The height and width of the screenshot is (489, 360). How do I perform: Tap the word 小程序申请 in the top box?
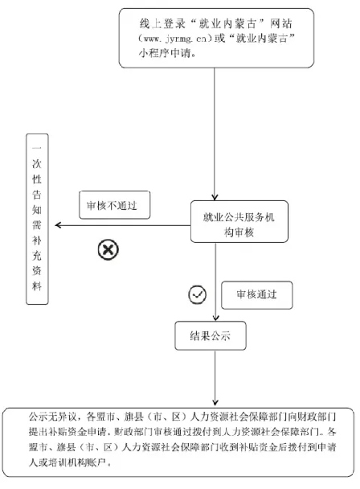point(164,53)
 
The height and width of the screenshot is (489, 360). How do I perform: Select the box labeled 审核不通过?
point(115,205)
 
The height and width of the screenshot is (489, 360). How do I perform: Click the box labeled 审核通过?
point(257,295)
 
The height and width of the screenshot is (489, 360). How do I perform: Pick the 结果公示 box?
point(211,336)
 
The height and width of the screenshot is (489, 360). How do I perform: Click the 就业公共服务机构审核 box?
point(239,221)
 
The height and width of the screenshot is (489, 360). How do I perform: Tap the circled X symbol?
point(108,249)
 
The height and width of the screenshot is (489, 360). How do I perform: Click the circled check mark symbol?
point(198,294)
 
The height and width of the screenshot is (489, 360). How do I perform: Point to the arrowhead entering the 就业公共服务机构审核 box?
point(215,197)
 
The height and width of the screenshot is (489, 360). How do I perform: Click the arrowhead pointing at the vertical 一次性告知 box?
point(58,225)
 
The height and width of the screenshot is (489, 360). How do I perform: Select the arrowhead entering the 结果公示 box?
point(215,318)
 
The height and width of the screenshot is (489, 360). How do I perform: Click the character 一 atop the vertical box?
point(37,148)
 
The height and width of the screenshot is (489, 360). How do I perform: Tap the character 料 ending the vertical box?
point(37,286)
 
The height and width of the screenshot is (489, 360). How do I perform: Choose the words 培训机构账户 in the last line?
point(77,462)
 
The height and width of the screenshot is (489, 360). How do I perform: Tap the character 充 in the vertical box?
point(37,256)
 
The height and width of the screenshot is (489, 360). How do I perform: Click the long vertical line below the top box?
point(215,133)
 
